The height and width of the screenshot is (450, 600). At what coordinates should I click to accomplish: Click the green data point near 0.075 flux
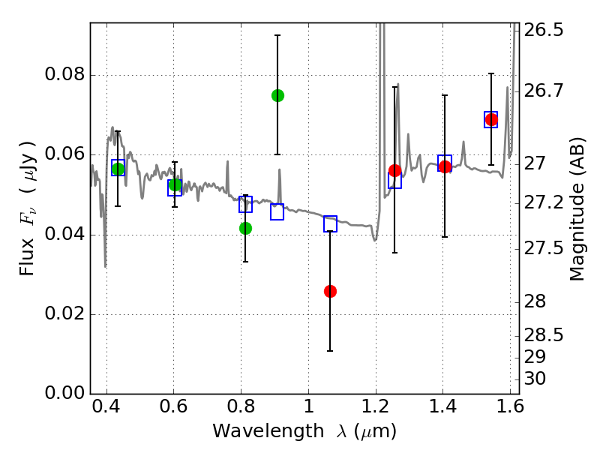277,95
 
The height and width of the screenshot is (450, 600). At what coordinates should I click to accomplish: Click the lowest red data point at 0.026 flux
330,291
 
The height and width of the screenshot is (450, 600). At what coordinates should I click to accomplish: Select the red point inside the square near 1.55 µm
491,119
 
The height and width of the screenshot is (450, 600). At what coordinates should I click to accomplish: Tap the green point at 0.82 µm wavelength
245,228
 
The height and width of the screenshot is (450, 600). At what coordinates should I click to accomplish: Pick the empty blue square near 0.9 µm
277,212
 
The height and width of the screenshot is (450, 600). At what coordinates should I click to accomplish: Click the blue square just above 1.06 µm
330,223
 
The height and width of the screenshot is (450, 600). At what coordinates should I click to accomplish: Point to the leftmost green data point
118,169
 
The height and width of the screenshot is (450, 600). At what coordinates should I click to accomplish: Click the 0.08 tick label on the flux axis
65,76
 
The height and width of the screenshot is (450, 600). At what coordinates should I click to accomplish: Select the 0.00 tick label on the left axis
65,394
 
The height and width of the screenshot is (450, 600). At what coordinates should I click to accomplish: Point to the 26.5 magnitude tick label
544,31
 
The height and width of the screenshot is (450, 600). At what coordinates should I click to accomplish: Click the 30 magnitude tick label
537,379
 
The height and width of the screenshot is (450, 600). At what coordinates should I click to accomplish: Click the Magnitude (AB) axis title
577,210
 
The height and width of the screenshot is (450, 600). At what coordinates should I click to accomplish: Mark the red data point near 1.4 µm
445,166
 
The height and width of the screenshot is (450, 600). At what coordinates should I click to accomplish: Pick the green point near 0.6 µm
175,184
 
